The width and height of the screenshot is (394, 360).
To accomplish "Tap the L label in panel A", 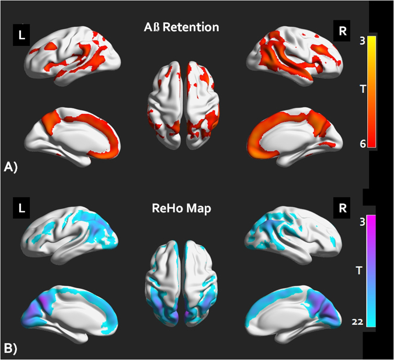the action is click(x=22, y=36).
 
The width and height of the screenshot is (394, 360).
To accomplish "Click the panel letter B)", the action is click(x=11, y=349).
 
